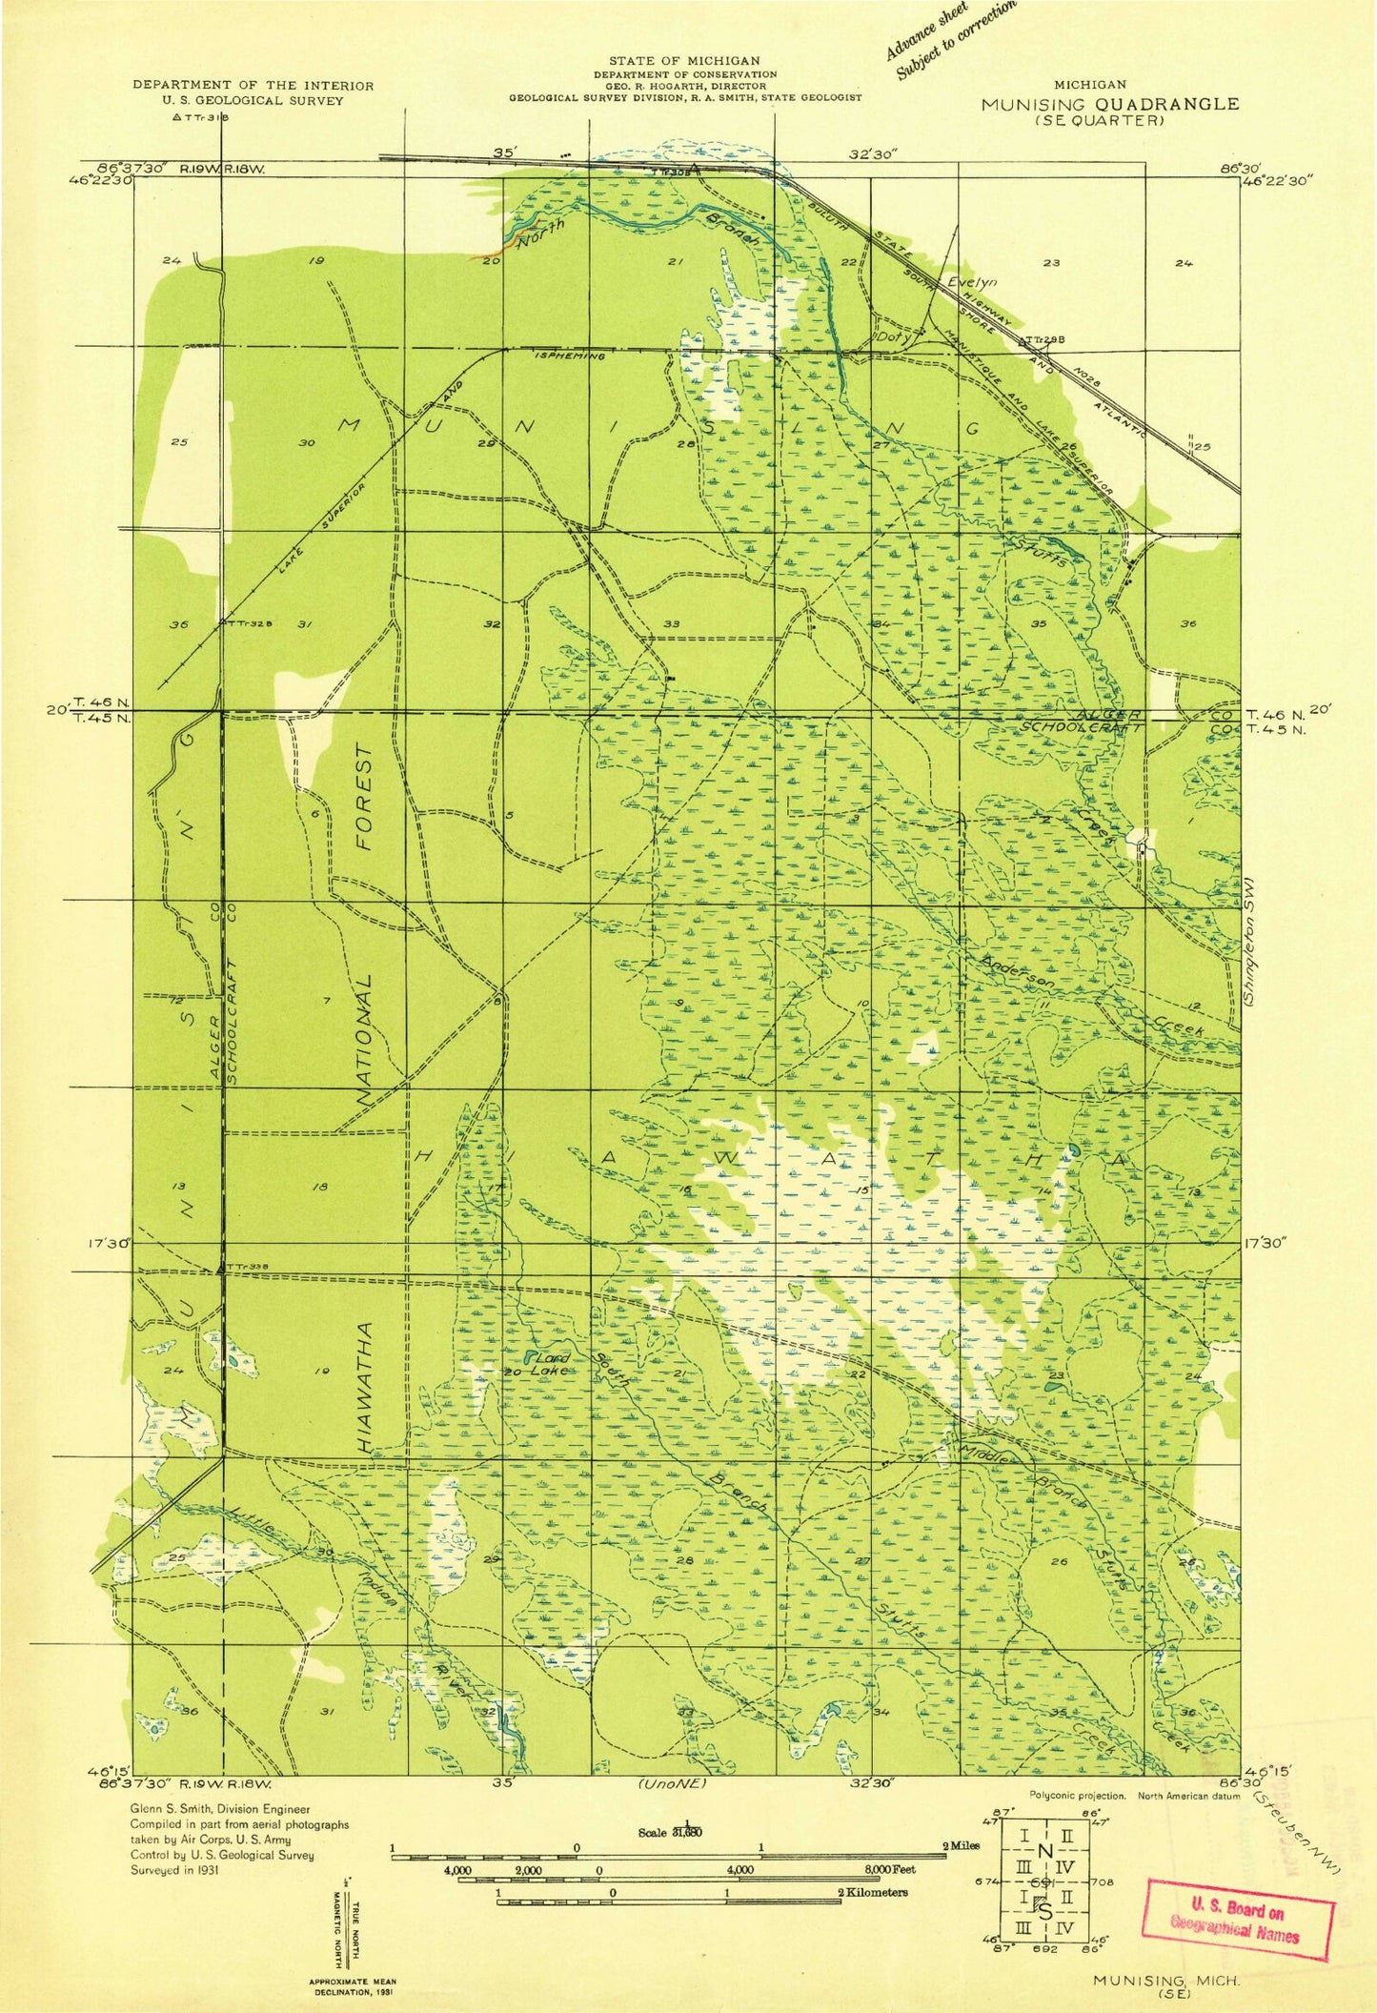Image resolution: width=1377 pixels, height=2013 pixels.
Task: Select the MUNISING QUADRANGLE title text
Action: point(1110,104)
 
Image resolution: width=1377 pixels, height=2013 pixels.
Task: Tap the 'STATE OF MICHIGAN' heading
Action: point(684,61)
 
